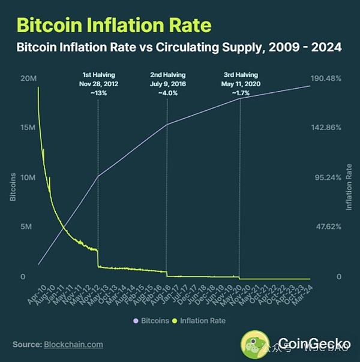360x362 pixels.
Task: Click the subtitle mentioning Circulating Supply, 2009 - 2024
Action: coord(179,47)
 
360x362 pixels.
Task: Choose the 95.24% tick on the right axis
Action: coord(328,178)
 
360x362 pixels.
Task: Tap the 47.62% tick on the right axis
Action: coord(328,227)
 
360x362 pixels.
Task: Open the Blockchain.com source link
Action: coord(73,345)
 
